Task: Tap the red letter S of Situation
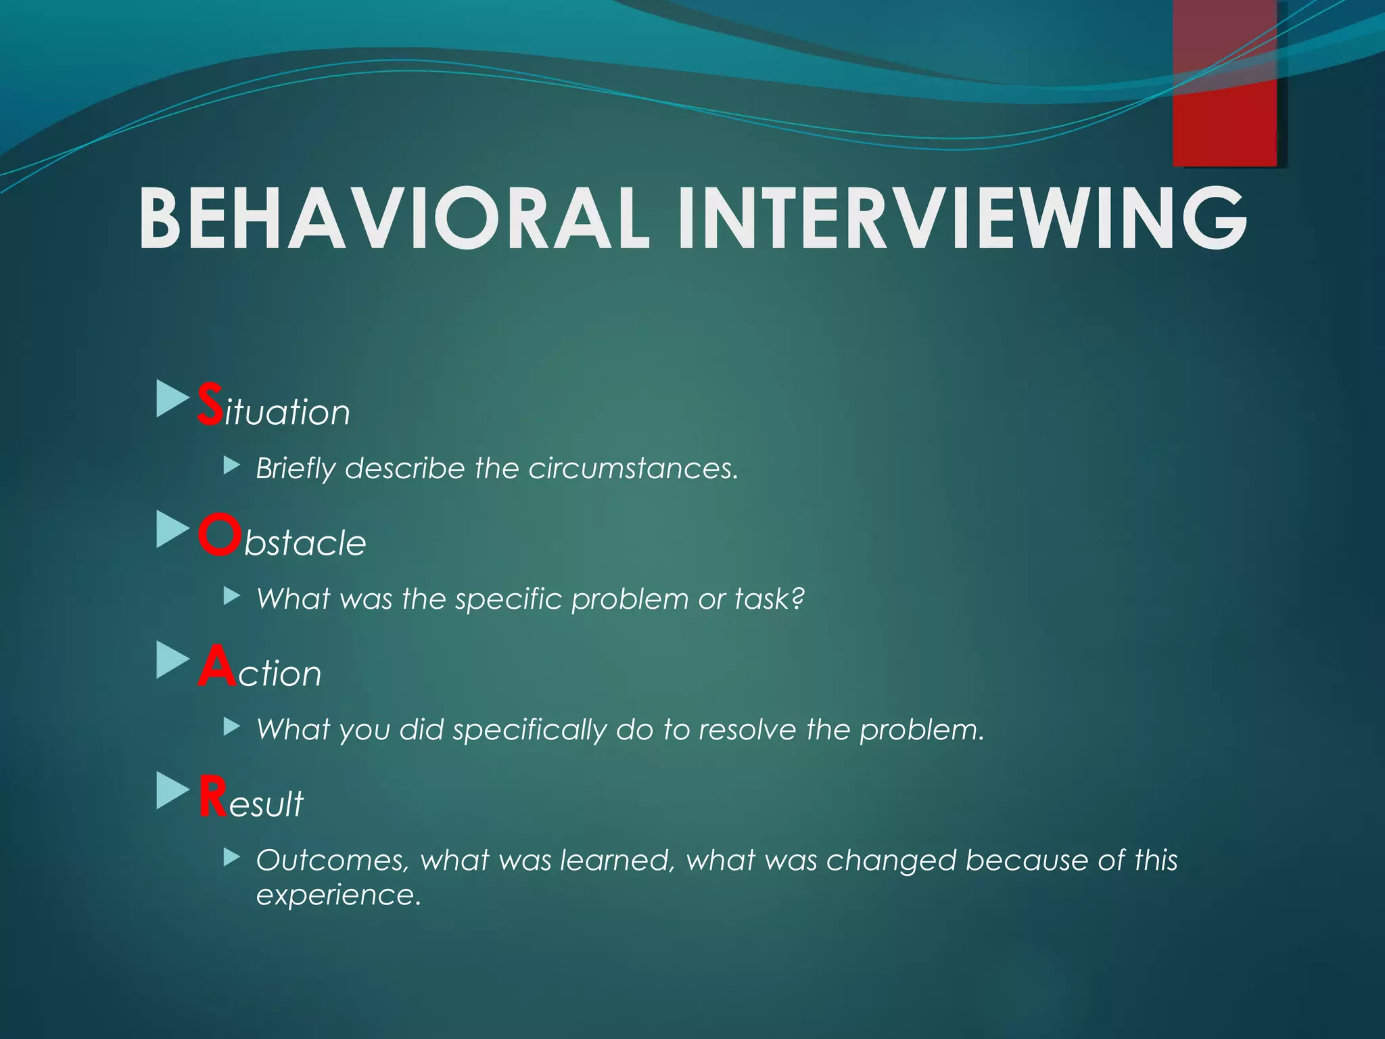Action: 209,405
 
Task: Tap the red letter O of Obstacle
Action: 220,535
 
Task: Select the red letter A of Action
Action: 217,666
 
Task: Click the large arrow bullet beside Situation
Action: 172,398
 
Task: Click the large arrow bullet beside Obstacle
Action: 172,529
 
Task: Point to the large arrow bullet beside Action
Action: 172,660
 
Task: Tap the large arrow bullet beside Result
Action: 172,791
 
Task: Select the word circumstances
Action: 633,469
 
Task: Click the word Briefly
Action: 296,469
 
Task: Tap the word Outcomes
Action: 333,860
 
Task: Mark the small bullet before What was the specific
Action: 232,596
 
